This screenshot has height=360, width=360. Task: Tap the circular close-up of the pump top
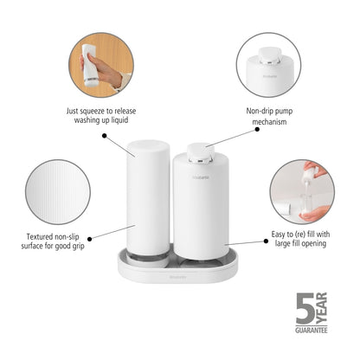coord(272,65)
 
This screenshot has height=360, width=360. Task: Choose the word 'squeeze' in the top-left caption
coord(99,112)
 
